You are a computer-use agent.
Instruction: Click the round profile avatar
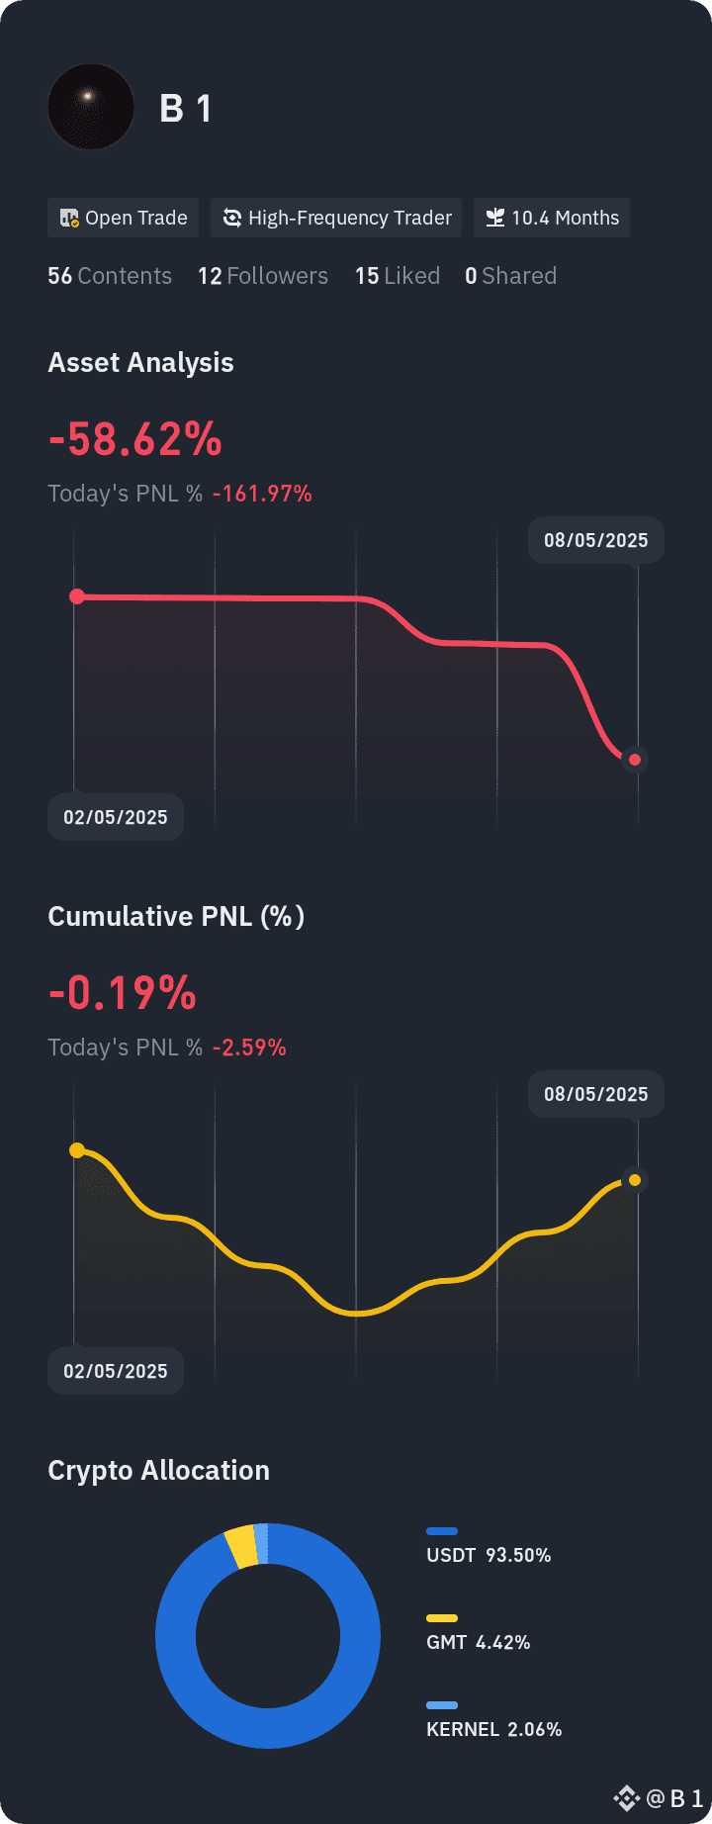[91, 107]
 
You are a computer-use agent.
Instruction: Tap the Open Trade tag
[124, 218]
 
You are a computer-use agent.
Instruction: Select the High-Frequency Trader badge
[336, 218]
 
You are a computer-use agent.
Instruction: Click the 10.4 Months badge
[552, 218]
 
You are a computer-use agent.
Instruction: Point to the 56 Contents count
[110, 276]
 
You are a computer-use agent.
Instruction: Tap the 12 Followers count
[263, 276]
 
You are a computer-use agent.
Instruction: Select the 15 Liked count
[398, 276]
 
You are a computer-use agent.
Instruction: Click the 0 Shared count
[510, 276]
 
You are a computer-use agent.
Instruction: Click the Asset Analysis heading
[140, 363]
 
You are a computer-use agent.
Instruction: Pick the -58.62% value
[135, 439]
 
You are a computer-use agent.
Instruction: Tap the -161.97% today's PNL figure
[262, 494]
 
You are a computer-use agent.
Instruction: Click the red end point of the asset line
[635, 760]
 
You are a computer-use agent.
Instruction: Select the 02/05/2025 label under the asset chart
[116, 817]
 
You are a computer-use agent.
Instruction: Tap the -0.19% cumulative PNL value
[123, 993]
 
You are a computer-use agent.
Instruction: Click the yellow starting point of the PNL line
[77, 1150]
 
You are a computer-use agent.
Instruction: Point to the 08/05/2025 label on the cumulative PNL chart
[595, 1094]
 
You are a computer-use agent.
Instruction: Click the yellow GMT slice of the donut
[240, 1547]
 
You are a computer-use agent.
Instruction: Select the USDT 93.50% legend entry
[489, 1555]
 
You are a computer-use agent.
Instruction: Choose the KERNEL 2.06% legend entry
[493, 1729]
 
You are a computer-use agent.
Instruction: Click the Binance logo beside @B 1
[626, 1797]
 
